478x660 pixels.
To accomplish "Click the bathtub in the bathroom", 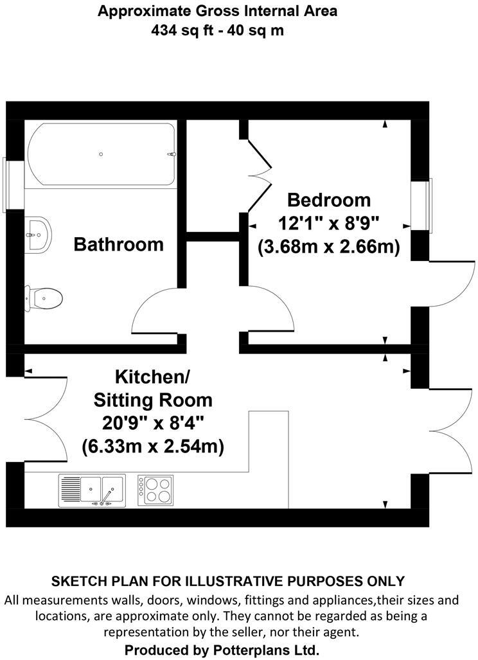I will point(101,154).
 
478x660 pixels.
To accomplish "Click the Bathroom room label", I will point(118,244).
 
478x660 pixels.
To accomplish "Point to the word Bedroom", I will point(328,200).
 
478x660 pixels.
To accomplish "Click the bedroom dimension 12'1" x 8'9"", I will point(329,224).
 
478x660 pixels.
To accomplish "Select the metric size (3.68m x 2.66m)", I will point(329,247).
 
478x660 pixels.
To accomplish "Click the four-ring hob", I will point(155,489).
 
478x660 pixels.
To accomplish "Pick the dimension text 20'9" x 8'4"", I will point(152,424).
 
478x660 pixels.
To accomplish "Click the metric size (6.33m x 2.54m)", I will point(152,447).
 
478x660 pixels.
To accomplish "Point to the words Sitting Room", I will point(153,400).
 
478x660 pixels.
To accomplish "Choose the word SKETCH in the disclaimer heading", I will point(77,582).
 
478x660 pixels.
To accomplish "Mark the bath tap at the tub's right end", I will point(172,154).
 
